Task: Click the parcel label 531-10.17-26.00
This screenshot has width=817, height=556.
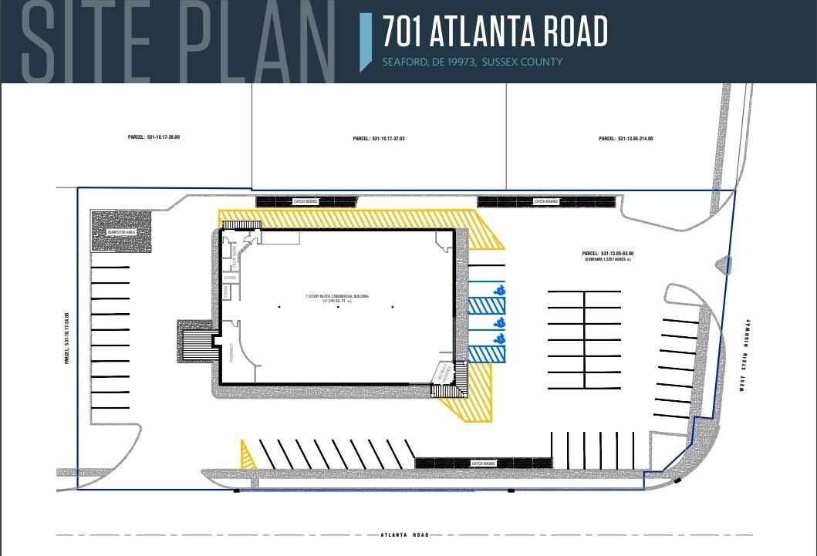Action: tap(154, 137)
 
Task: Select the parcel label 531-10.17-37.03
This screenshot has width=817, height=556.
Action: tap(378, 139)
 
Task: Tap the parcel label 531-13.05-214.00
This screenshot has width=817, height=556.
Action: tap(626, 139)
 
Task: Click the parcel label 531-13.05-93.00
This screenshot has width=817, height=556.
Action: tap(613, 254)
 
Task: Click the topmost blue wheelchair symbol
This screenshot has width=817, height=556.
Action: tap(499, 291)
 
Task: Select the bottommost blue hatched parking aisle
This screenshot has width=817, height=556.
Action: tap(486, 353)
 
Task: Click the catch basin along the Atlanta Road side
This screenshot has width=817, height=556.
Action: tap(483, 463)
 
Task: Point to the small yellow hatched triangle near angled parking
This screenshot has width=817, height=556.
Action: tap(248, 457)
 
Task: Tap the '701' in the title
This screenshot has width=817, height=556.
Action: tap(402, 32)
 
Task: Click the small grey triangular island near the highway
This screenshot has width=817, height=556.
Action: tap(724, 266)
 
